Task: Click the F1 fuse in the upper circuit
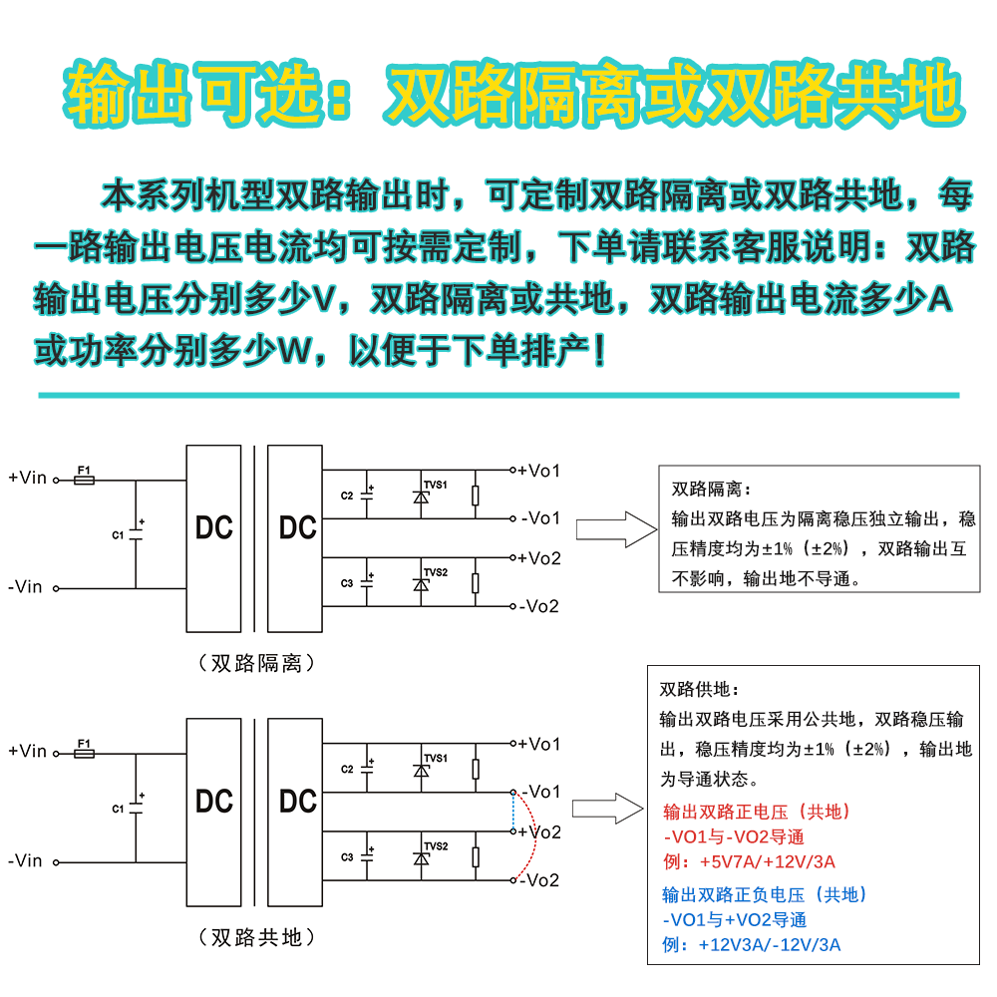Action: [85, 480]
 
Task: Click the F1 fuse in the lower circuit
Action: [85, 755]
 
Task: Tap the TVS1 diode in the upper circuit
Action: [422, 496]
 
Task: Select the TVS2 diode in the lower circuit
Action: [422, 857]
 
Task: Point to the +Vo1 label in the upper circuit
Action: [538, 470]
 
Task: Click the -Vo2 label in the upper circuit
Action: [539, 606]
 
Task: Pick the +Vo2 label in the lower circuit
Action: [539, 831]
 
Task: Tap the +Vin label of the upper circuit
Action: [28, 478]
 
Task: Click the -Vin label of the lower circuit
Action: [26, 860]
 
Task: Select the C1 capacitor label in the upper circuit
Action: [118, 535]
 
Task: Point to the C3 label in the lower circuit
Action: [347, 857]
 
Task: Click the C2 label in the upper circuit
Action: [347, 496]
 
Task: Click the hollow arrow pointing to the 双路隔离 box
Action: [613, 528]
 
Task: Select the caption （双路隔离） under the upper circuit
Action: [257, 663]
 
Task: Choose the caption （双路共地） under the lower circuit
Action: [257, 937]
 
